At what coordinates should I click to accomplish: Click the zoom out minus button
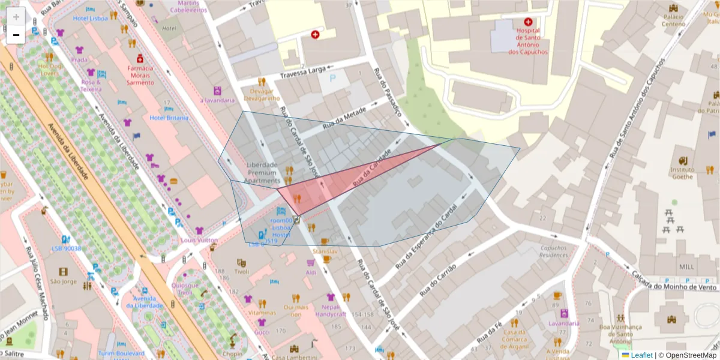pyautogui.click(x=16, y=35)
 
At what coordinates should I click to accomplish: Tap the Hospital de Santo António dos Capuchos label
pyautogui.click(x=527, y=41)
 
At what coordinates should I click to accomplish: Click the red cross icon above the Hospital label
pyautogui.click(x=528, y=22)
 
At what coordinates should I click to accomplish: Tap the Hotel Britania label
pyautogui.click(x=169, y=118)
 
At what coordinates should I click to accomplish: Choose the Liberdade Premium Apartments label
pyautogui.click(x=263, y=173)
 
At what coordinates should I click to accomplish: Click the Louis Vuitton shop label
pyautogui.click(x=199, y=240)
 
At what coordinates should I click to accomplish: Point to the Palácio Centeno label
pyautogui.click(x=673, y=20)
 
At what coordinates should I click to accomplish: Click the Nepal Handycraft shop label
pyautogui.click(x=331, y=310)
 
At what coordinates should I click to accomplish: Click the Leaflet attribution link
pyautogui.click(x=641, y=355)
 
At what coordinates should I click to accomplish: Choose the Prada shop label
pyautogui.click(x=79, y=60)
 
